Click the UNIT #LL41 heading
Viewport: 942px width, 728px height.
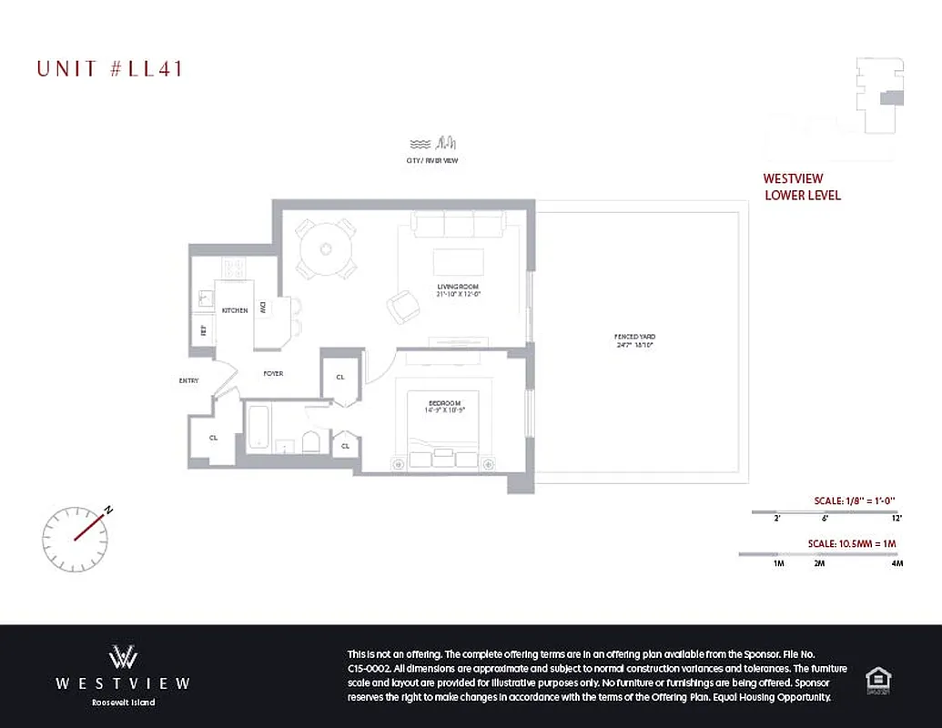click(109, 68)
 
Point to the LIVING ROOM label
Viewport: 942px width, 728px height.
click(458, 290)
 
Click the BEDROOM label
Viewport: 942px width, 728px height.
click(446, 407)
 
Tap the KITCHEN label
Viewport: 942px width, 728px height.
click(235, 310)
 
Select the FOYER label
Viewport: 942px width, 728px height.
click(273, 373)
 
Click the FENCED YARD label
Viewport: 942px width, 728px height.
click(634, 340)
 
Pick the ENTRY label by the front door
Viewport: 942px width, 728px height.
click(188, 380)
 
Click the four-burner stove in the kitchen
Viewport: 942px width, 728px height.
click(234, 268)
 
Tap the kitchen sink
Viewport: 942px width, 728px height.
click(206, 298)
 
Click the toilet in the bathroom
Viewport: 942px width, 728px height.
click(311, 441)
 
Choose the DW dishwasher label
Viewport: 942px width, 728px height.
click(263, 308)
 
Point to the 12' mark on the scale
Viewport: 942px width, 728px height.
click(896, 518)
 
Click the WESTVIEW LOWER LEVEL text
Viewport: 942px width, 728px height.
click(802, 187)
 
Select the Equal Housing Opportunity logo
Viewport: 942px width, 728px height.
click(877, 678)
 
